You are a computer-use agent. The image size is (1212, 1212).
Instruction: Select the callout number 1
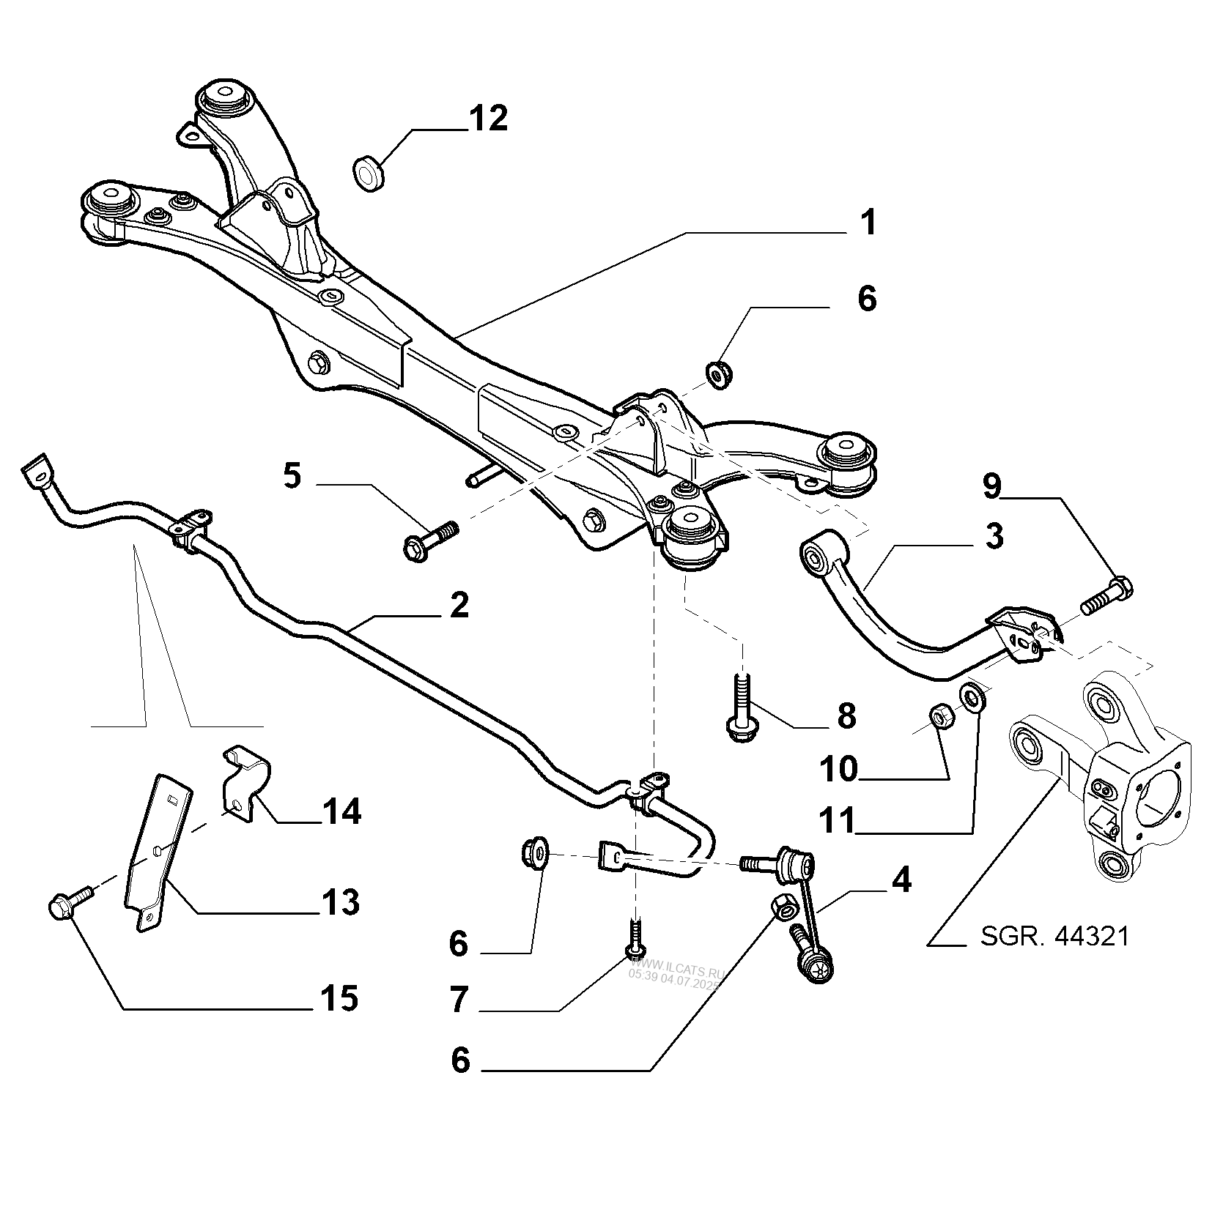868,223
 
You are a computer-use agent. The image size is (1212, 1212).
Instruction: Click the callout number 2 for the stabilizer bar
458,606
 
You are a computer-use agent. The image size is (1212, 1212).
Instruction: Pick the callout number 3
993,536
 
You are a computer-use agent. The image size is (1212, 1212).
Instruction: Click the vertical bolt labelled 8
741,704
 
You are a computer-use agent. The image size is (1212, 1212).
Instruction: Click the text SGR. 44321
1054,935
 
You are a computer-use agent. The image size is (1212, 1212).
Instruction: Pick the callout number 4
900,880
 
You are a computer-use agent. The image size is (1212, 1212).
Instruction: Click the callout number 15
339,998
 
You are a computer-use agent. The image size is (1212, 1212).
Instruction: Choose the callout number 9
991,487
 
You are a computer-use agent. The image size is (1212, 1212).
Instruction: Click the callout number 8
846,715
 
